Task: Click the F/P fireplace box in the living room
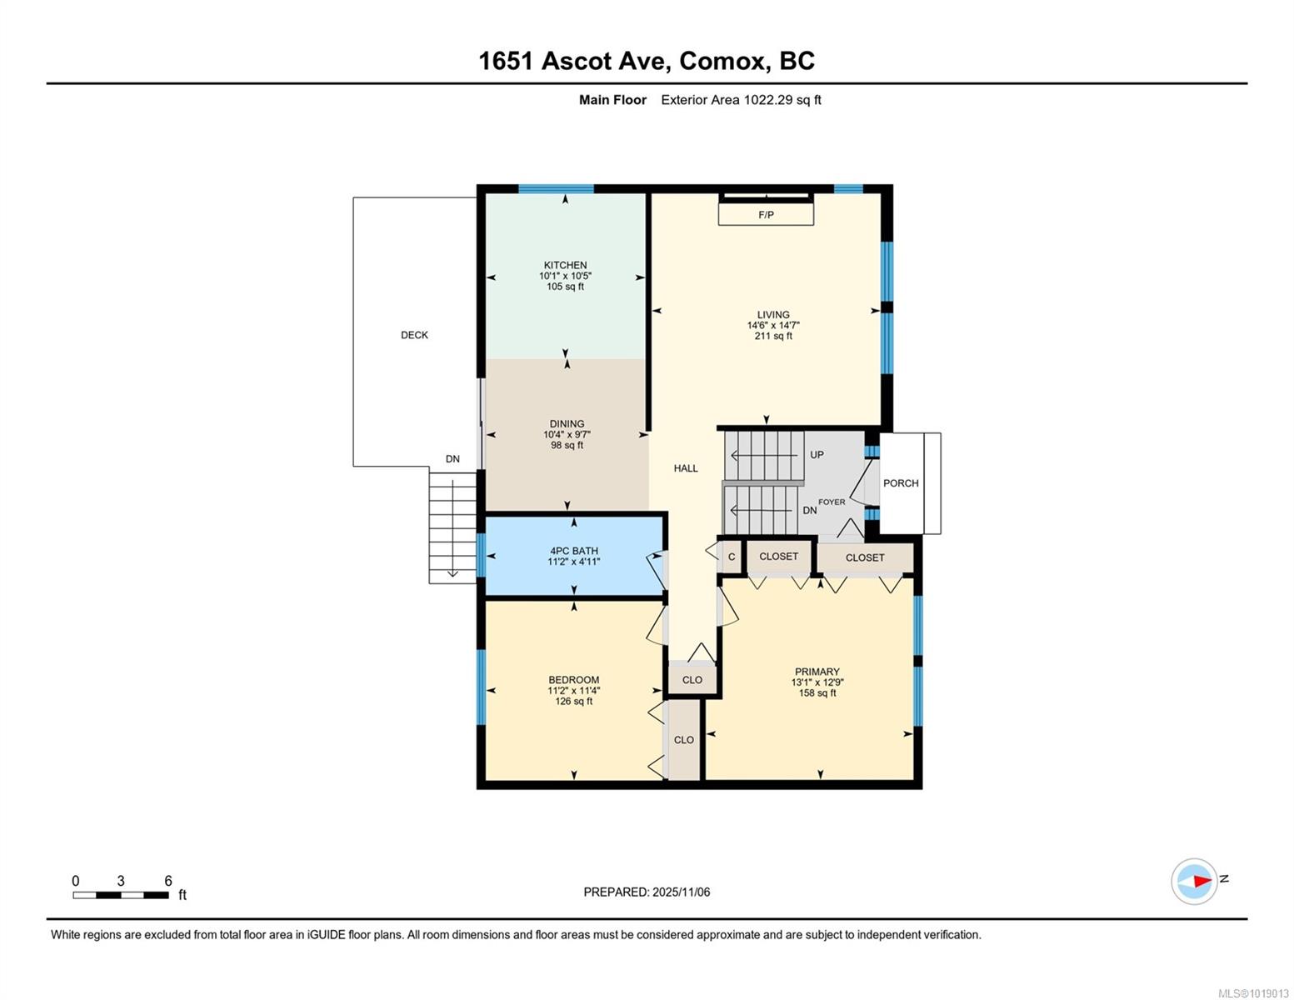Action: (x=766, y=214)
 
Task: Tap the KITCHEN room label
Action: (x=565, y=265)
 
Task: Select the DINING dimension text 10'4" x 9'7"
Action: (x=567, y=435)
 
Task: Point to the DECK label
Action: (x=414, y=335)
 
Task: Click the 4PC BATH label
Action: (x=574, y=551)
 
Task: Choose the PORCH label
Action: (x=901, y=483)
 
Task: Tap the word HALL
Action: (x=686, y=468)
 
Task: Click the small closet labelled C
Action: (x=732, y=557)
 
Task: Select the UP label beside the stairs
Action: (x=817, y=454)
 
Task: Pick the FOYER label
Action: (x=832, y=502)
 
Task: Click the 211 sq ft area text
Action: (x=773, y=336)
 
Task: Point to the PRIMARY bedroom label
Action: (x=817, y=671)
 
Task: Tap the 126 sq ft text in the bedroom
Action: (x=573, y=701)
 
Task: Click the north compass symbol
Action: (x=1193, y=880)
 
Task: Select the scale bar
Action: (x=121, y=894)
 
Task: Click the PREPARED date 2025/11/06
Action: (x=681, y=892)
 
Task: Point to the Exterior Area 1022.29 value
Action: (x=767, y=100)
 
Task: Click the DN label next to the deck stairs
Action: (x=452, y=459)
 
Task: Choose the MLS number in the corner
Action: (x=1254, y=993)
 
